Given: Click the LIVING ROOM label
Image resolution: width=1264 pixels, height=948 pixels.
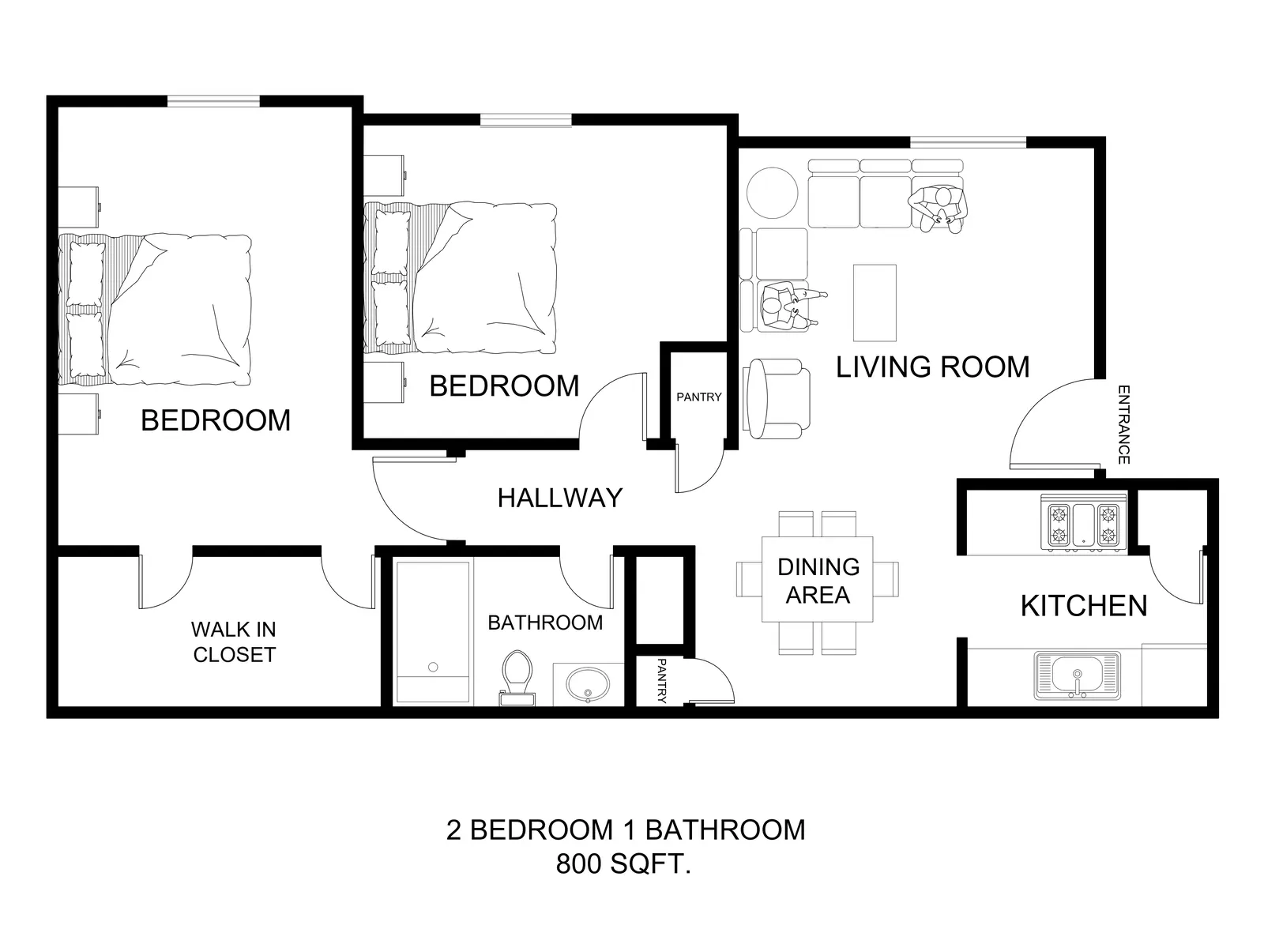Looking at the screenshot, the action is (x=932, y=367).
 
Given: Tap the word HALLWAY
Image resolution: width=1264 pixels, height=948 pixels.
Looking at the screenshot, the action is (x=560, y=498).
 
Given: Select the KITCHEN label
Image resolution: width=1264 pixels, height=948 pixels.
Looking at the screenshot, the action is (x=1084, y=605).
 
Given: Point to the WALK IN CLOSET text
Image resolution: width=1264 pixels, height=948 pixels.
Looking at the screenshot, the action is (x=234, y=641).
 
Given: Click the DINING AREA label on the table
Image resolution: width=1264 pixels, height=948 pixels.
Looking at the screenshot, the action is (x=818, y=581).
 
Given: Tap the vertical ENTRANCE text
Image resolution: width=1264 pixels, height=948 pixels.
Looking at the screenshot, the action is (x=1123, y=425).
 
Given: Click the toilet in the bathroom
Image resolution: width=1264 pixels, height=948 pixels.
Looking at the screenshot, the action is (x=517, y=678).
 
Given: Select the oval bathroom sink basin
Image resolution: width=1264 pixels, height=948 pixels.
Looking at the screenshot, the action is (x=588, y=685).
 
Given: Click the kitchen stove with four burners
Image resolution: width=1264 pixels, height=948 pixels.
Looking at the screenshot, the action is (x=1083, y=523).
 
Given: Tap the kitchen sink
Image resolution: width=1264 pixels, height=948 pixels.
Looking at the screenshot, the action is (x=1077, y=675).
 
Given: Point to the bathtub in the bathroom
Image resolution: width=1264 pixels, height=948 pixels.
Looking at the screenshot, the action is (x=433, y=632).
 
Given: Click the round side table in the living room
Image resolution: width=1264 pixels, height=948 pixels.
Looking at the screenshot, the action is (x=772, y=192).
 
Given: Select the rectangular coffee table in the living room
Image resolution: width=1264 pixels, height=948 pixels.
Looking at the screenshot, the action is (x=875, y=303).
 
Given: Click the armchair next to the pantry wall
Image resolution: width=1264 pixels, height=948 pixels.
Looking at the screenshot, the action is (x=777, y=398).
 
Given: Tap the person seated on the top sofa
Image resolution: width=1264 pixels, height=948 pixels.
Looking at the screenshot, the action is (x=938, y=209).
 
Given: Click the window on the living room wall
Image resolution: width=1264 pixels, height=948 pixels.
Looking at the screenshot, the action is (x=968, y=142).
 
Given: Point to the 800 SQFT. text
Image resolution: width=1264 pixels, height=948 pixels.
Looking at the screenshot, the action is (x=623, y=864).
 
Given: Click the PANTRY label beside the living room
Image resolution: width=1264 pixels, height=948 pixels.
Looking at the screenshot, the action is (x=698, y=397).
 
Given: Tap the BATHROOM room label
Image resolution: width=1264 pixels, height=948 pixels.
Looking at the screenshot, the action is (x=545, y=623).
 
